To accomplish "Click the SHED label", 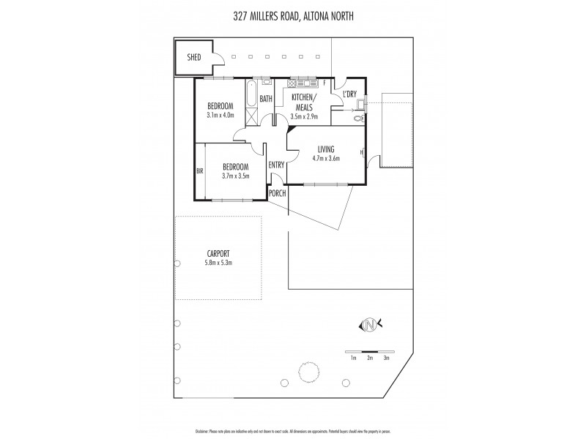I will (194, 57).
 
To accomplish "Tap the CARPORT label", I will (218, 254).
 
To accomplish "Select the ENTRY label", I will (275, 165).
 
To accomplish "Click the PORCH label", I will (277, 192).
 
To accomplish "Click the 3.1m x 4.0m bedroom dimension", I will (220, 114).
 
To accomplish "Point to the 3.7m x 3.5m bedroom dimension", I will (236, 176).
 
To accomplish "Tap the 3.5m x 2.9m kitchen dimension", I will (303, 116).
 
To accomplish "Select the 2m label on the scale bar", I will (371, 358).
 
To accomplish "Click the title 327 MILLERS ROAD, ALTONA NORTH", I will (293, 12).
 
